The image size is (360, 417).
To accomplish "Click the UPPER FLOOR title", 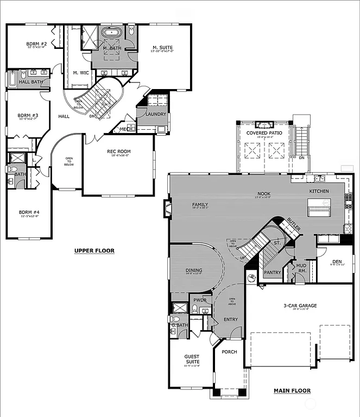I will point(94,250).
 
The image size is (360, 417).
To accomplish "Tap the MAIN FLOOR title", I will point(292,390).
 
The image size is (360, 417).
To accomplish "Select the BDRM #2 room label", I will point(36,44).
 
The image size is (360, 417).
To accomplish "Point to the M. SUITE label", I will point(162,48).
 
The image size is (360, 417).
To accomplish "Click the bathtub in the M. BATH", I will point(112,32).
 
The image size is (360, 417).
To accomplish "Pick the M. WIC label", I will point(81,72).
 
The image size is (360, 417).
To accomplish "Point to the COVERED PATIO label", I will point(264,133).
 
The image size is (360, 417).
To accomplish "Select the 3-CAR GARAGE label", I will point(300,306).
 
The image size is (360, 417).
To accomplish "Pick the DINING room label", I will point(194,270).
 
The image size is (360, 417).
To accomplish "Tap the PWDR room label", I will point(199,299).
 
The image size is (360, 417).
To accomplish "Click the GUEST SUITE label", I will point(192,359).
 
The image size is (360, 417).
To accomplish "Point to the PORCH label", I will point(229,352).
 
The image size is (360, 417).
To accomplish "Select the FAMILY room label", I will point(200,205).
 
